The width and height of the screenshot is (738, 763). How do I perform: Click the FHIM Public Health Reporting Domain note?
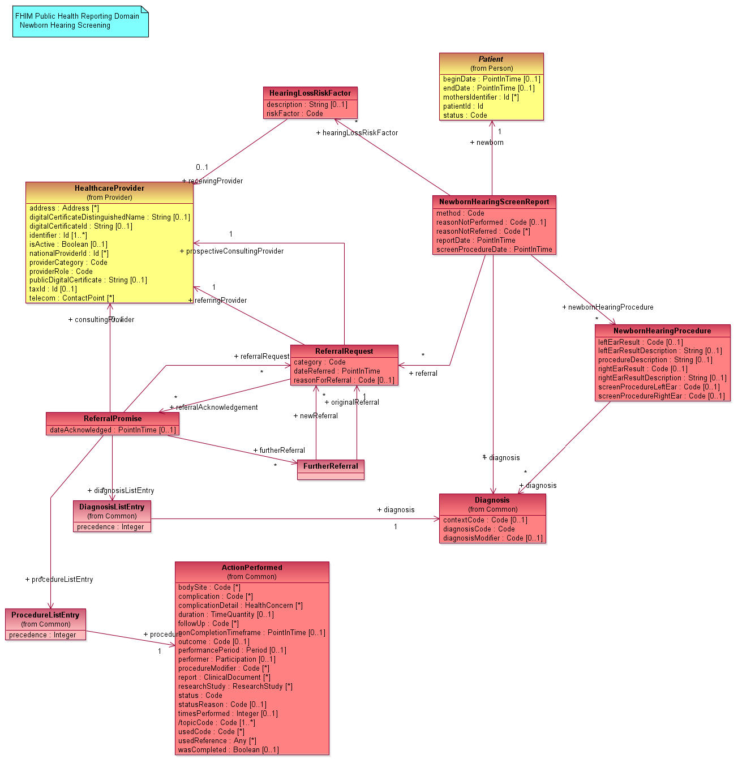(x=80, y=21)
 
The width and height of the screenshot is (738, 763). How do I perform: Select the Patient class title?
(x=491, y=59)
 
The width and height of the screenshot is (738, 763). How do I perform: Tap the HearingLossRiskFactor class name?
(x=310, y=93)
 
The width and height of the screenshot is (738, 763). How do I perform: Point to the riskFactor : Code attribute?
(x=295, y=114)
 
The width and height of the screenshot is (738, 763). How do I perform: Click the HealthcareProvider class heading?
(x=109, y=188)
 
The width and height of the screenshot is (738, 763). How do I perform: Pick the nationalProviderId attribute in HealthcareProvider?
(x=69, y=253)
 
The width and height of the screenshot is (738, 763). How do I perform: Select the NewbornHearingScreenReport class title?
(x=494, y=202)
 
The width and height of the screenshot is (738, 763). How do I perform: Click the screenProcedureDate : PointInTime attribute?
(x=494, y=249)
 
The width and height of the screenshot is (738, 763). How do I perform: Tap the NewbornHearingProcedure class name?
(x=662, y=331)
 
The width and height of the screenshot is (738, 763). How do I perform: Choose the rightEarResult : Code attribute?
(x=642, y=369)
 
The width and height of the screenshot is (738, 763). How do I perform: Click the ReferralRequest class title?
(x=344, y=351)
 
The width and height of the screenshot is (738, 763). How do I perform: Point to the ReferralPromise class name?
(x=113, y=418)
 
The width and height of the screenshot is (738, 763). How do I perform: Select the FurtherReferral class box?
(x=331, y=469)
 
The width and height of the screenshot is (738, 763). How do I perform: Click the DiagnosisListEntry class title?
(x=111, y=507)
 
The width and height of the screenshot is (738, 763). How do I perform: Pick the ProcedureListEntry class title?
(x=45, y=615)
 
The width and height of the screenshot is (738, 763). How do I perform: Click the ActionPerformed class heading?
(x=252, y=567)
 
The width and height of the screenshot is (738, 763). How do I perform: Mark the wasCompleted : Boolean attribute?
(x=228, y=749)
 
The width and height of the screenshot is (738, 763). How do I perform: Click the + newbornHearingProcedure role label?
(x=608, y=307)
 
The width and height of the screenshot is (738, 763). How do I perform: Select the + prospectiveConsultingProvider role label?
(x=232, y=251)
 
